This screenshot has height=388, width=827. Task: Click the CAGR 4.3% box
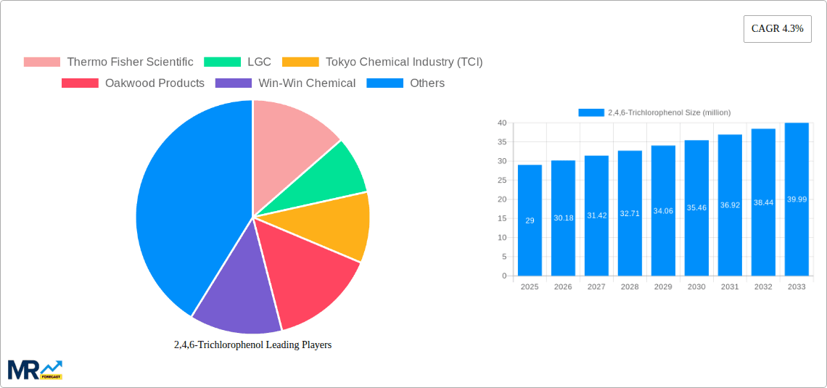click(777, 28)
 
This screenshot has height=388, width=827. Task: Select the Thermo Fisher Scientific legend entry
click(109, 62)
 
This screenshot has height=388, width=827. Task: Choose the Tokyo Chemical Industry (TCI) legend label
click(403, 62)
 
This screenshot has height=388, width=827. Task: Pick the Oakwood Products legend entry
click(134, 83)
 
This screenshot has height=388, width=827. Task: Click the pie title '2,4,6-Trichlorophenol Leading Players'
click(252, 344)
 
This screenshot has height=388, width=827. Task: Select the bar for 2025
click(530, 220)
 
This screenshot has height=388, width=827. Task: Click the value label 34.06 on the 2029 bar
click(663, 211)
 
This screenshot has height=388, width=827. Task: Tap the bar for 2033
click(797, 199)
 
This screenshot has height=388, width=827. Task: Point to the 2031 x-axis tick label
click(730, 287)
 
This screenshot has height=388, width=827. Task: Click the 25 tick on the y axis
click(501, 181)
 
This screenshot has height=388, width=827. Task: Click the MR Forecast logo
click(35, 369)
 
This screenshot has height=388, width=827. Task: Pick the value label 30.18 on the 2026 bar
click(563, 218)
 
